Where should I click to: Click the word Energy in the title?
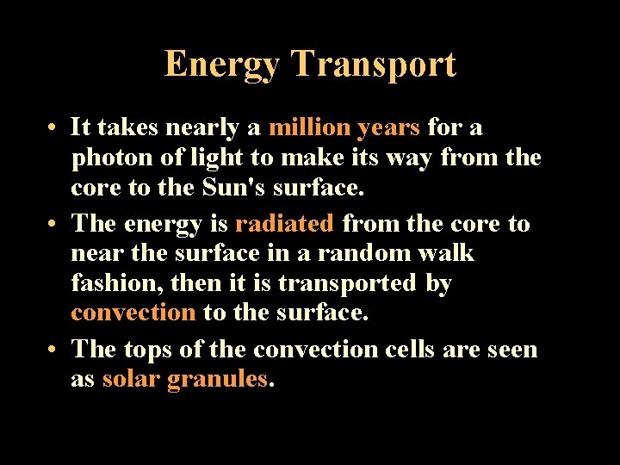point(222,65)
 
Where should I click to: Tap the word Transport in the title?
point(373,65)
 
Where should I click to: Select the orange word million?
point(309,127)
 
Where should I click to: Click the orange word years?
point(388,128)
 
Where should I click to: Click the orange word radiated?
point(284,223)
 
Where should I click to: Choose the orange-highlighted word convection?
point(133,313)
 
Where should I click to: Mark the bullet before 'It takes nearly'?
point(53,129)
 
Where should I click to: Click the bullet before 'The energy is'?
point(53,224)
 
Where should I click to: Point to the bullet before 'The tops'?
point(53,350)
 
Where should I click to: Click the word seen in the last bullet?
point(512,350)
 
